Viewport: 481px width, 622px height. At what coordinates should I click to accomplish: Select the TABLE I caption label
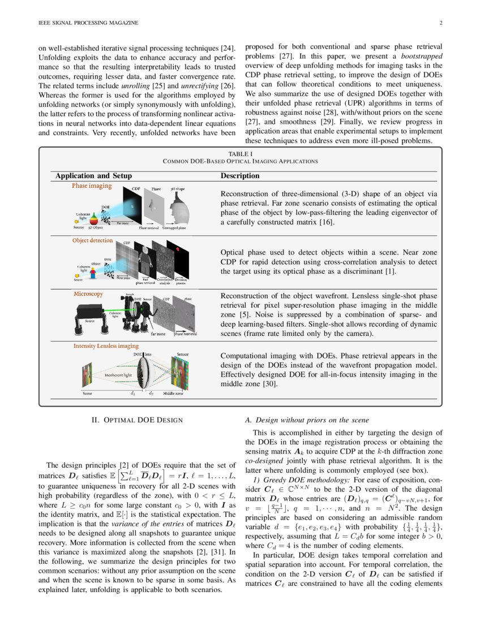(240, 154)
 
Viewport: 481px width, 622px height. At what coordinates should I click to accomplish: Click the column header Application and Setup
(93, 176)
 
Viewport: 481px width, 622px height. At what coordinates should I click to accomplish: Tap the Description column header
(239, 176)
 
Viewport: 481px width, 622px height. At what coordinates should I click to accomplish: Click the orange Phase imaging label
(92, 185)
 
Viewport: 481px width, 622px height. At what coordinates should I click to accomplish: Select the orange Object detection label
(92, 240)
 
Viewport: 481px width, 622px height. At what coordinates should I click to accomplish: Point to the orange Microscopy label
(88, 294)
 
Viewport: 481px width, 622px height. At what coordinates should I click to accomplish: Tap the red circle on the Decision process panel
(183, 249)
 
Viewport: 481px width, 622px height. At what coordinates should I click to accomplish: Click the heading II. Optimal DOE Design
(137, 420)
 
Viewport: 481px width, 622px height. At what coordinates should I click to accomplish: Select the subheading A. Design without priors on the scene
(306, 420)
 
